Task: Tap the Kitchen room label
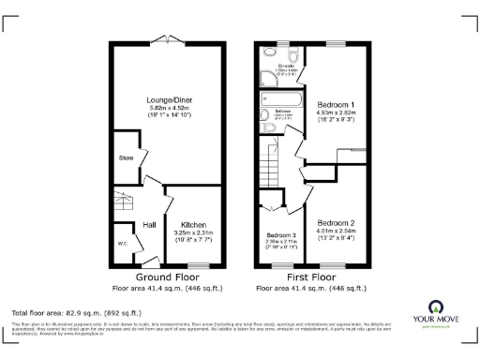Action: (x=193, y=225)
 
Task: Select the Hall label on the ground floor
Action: (x=149, y=224)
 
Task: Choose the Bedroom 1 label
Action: (x=335, y=104)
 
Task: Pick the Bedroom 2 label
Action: (x=335, y=222)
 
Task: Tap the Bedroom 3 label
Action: (x=280, y=234)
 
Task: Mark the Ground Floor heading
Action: (x=168, y=277)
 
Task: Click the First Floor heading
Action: (x=310, y=277)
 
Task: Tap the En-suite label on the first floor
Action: (x=276, y=64)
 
